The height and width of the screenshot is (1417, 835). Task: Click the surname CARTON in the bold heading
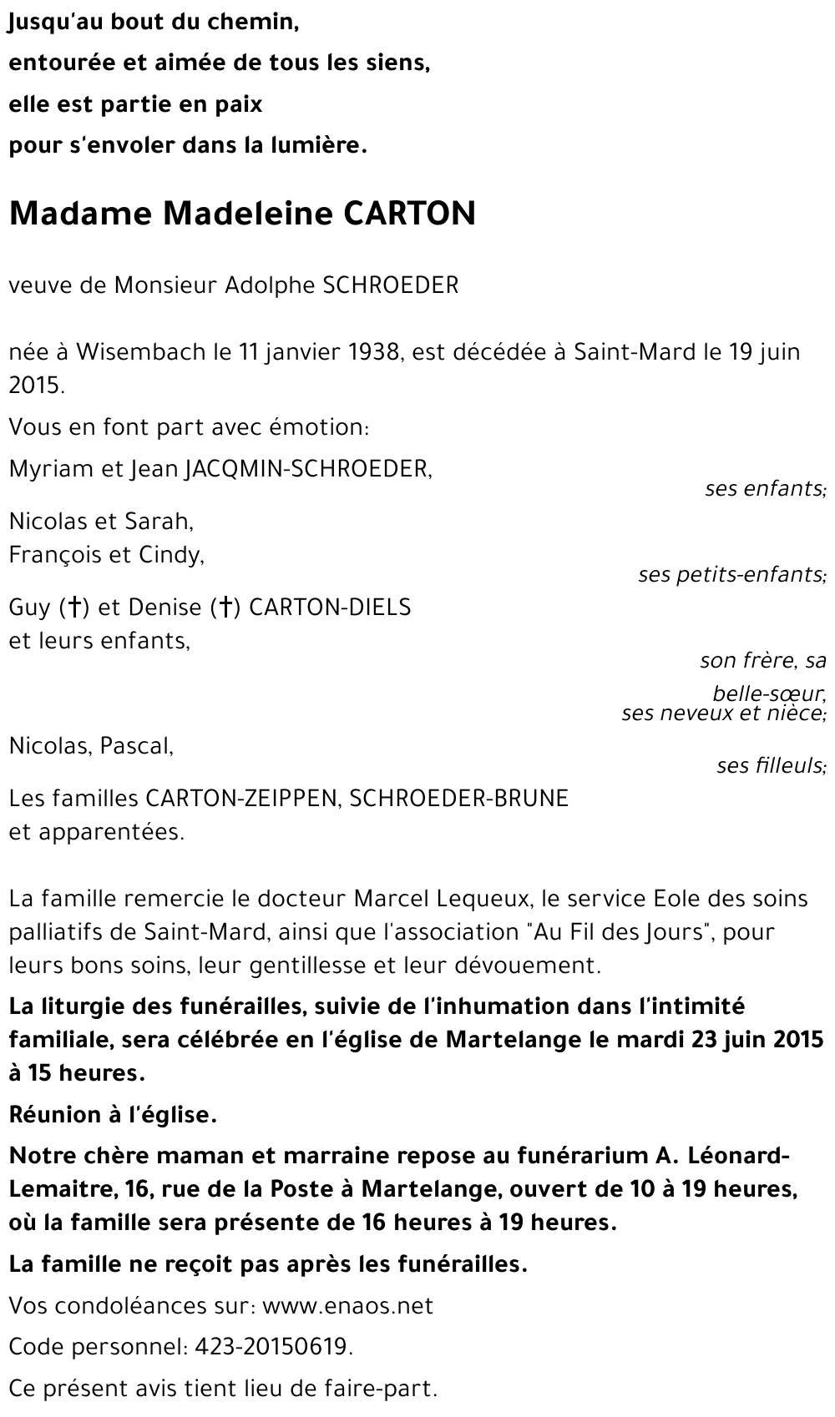[409, 214]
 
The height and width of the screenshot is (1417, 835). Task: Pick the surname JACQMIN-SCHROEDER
[306, 469]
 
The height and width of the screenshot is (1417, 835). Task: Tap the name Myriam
[51, 469]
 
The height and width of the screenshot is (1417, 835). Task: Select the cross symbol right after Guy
[74, 608]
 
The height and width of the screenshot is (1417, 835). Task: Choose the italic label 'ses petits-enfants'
[731, 575]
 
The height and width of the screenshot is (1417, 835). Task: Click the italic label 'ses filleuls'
[770, 765]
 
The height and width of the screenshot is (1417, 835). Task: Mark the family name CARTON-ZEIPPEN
[240, 799]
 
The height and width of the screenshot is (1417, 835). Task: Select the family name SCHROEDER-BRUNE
[458, 799]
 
